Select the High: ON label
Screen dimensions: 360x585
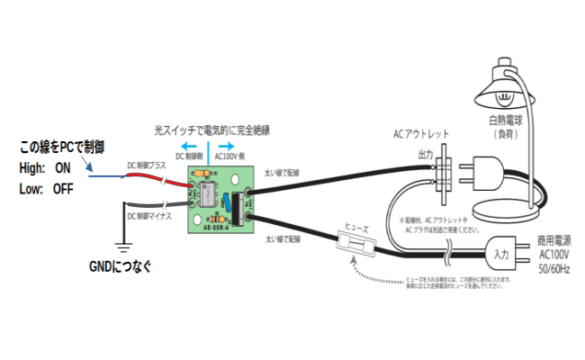[45, 168]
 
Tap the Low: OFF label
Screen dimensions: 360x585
[46, 189]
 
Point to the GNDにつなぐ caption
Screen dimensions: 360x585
[121, 266]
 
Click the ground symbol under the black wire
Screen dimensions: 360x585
[119, 243]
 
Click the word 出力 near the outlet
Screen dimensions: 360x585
[425, 154]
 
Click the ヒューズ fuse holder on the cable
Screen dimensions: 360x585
[354, 242]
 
